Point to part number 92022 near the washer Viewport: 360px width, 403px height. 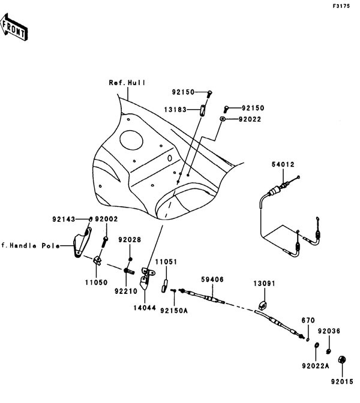click(249, 119)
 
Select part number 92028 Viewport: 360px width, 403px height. click(128, 240)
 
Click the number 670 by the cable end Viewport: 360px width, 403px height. click(308, 321)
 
